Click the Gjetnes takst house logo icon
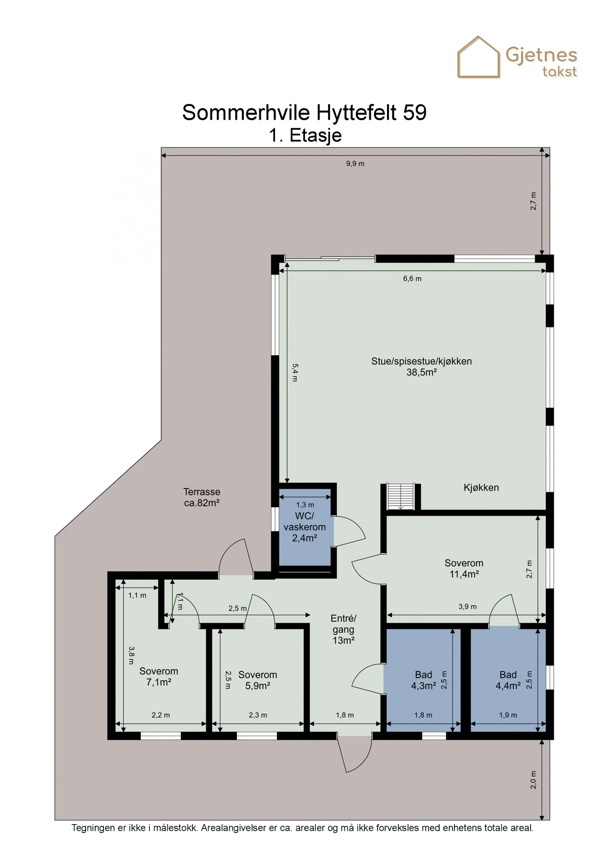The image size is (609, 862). [x=479, y=57]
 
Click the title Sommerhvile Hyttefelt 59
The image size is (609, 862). [x=304, y=113]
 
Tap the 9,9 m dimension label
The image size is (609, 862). [x=355, y=164]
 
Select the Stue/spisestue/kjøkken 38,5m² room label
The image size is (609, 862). [x=421, y=367]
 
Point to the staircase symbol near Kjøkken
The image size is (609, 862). [x=400, y=497]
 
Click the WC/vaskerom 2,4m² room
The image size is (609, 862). [x=305, y=527]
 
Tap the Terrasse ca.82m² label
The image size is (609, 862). [x=201, y=497]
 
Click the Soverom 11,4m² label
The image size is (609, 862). [x=464, y=568]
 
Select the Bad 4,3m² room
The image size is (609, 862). [x=423, y=680]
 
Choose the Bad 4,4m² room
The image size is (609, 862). [x=508, y=680]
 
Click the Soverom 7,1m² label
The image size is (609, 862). [x=158, y=677]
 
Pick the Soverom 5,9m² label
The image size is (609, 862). [x=257, y=680]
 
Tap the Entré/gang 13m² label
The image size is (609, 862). [x=343, y=629]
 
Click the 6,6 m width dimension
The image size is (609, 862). [x=412, y=279]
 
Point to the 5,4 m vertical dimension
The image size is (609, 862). [x=295, y=372]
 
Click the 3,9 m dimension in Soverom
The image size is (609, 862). [x=467, y=607]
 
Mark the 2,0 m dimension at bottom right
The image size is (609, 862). [x=534, y=780]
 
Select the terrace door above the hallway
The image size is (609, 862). [x=236, y=558]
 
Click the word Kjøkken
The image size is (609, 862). [x=481, y=488]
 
